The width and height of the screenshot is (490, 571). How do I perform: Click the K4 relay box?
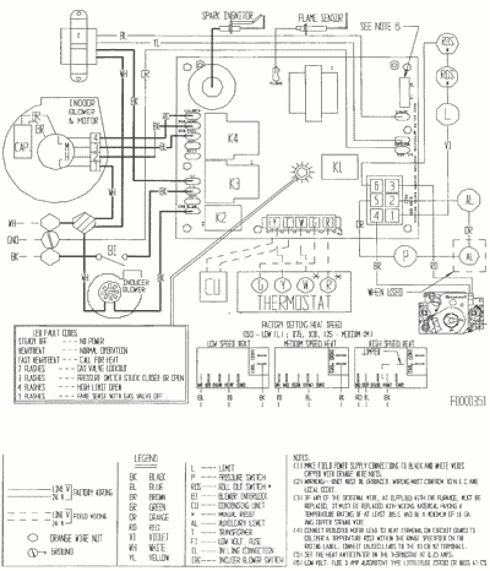[x=232, y=138]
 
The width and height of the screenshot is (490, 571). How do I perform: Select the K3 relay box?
[x=233, y=184]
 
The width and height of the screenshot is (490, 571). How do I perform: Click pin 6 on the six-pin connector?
[x=378, y=186]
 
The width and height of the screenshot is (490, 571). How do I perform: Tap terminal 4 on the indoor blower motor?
[x=96, y=136]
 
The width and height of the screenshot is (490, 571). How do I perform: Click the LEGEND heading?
[x=146, y=459]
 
